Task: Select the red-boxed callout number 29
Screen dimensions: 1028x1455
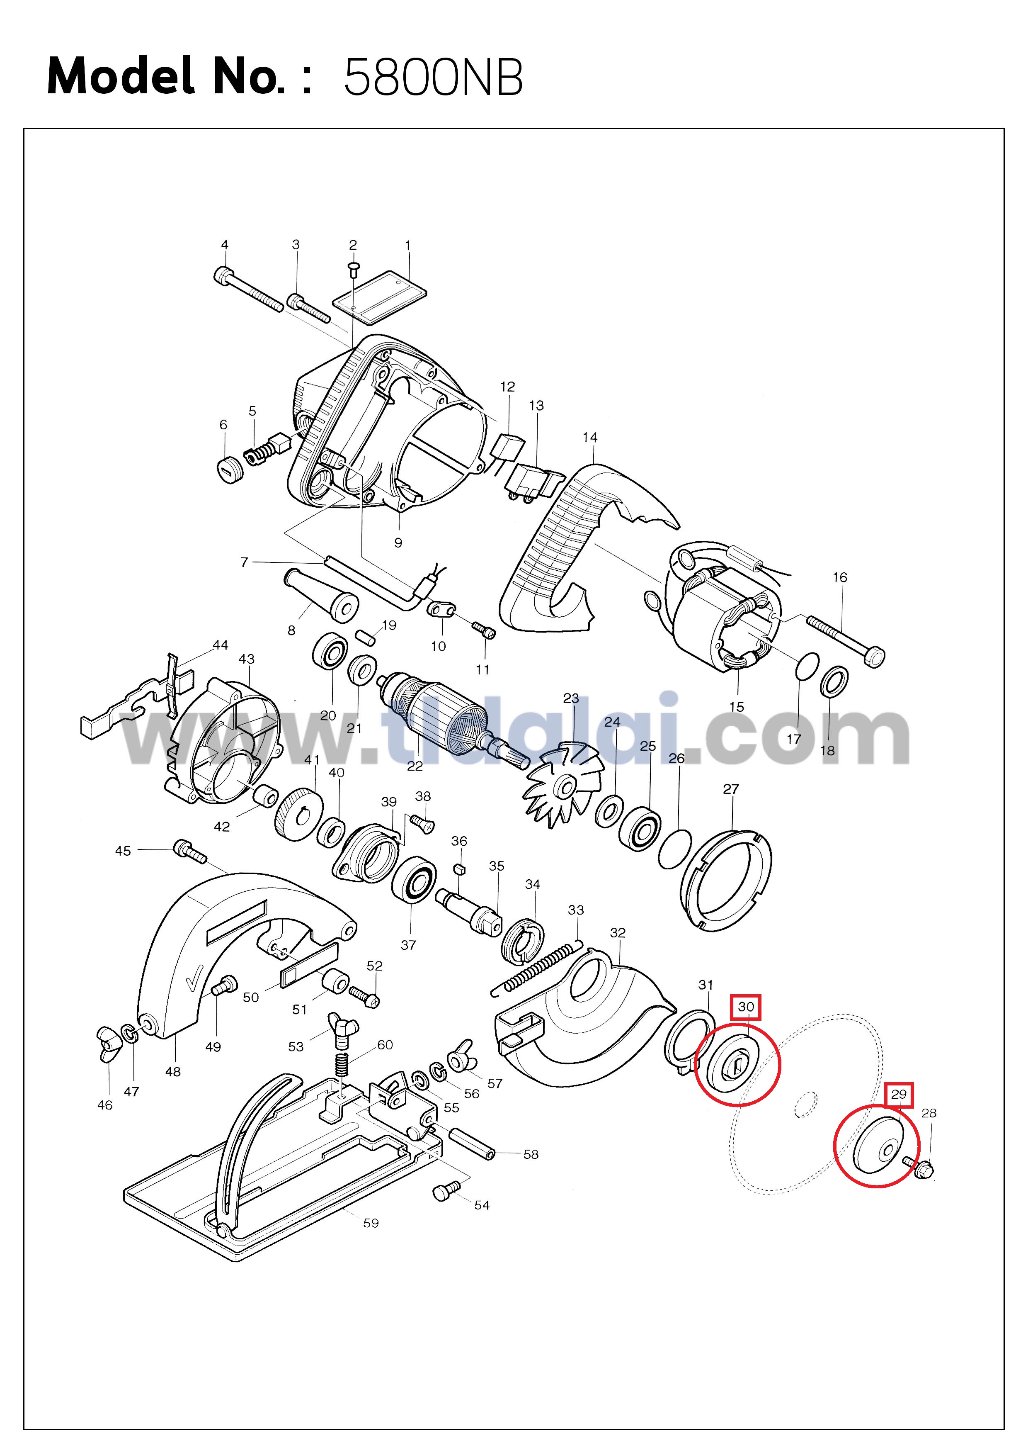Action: click(899, 1094)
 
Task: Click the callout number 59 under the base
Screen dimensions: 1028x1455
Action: click(371, 1223)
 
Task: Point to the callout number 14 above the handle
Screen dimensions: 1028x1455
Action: click(590, 437)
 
